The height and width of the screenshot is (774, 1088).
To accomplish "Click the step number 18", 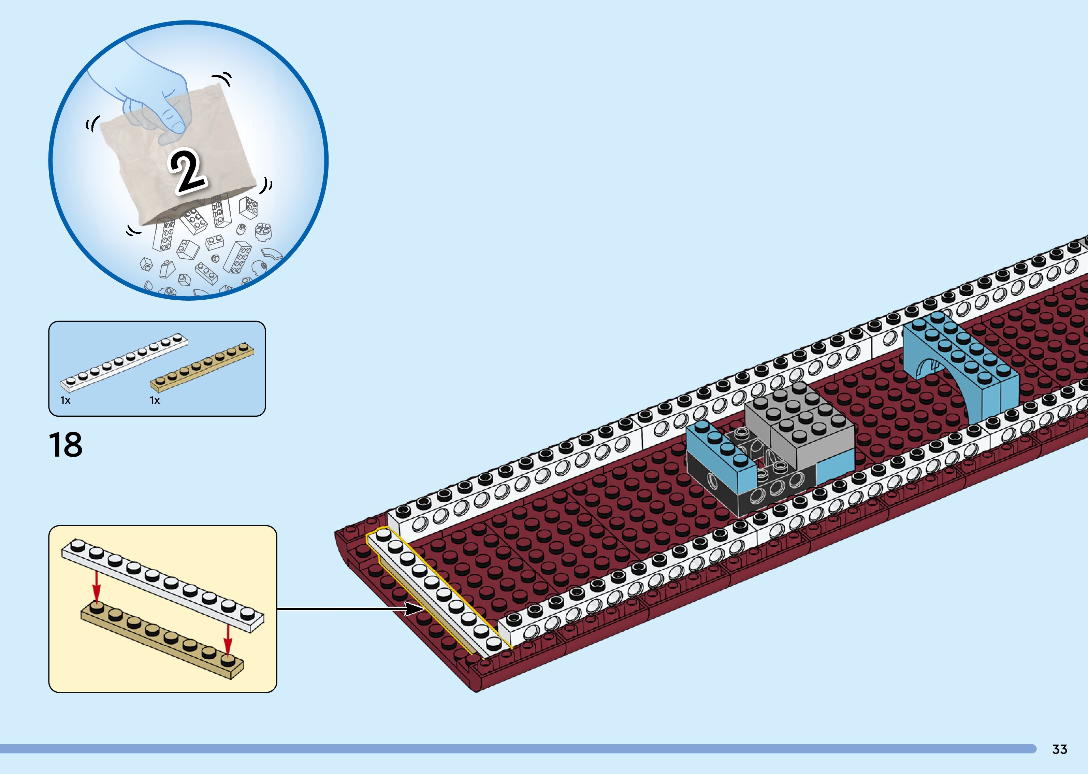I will (x=66, y=445).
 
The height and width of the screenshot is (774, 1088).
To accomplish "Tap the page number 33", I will (x=1059, y=749).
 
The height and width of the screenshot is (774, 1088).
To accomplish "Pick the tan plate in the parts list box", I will (x=202, y=367).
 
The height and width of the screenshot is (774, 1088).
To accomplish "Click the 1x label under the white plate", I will (x=65, y=400).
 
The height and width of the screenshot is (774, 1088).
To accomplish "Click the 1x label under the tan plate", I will (x=155, y=400).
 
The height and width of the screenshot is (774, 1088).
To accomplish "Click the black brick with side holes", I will (x=748, y=491).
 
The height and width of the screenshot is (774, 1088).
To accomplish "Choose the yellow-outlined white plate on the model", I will (x=438, y=591).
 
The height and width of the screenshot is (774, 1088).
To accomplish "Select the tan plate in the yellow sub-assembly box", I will (x=162, y=639).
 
